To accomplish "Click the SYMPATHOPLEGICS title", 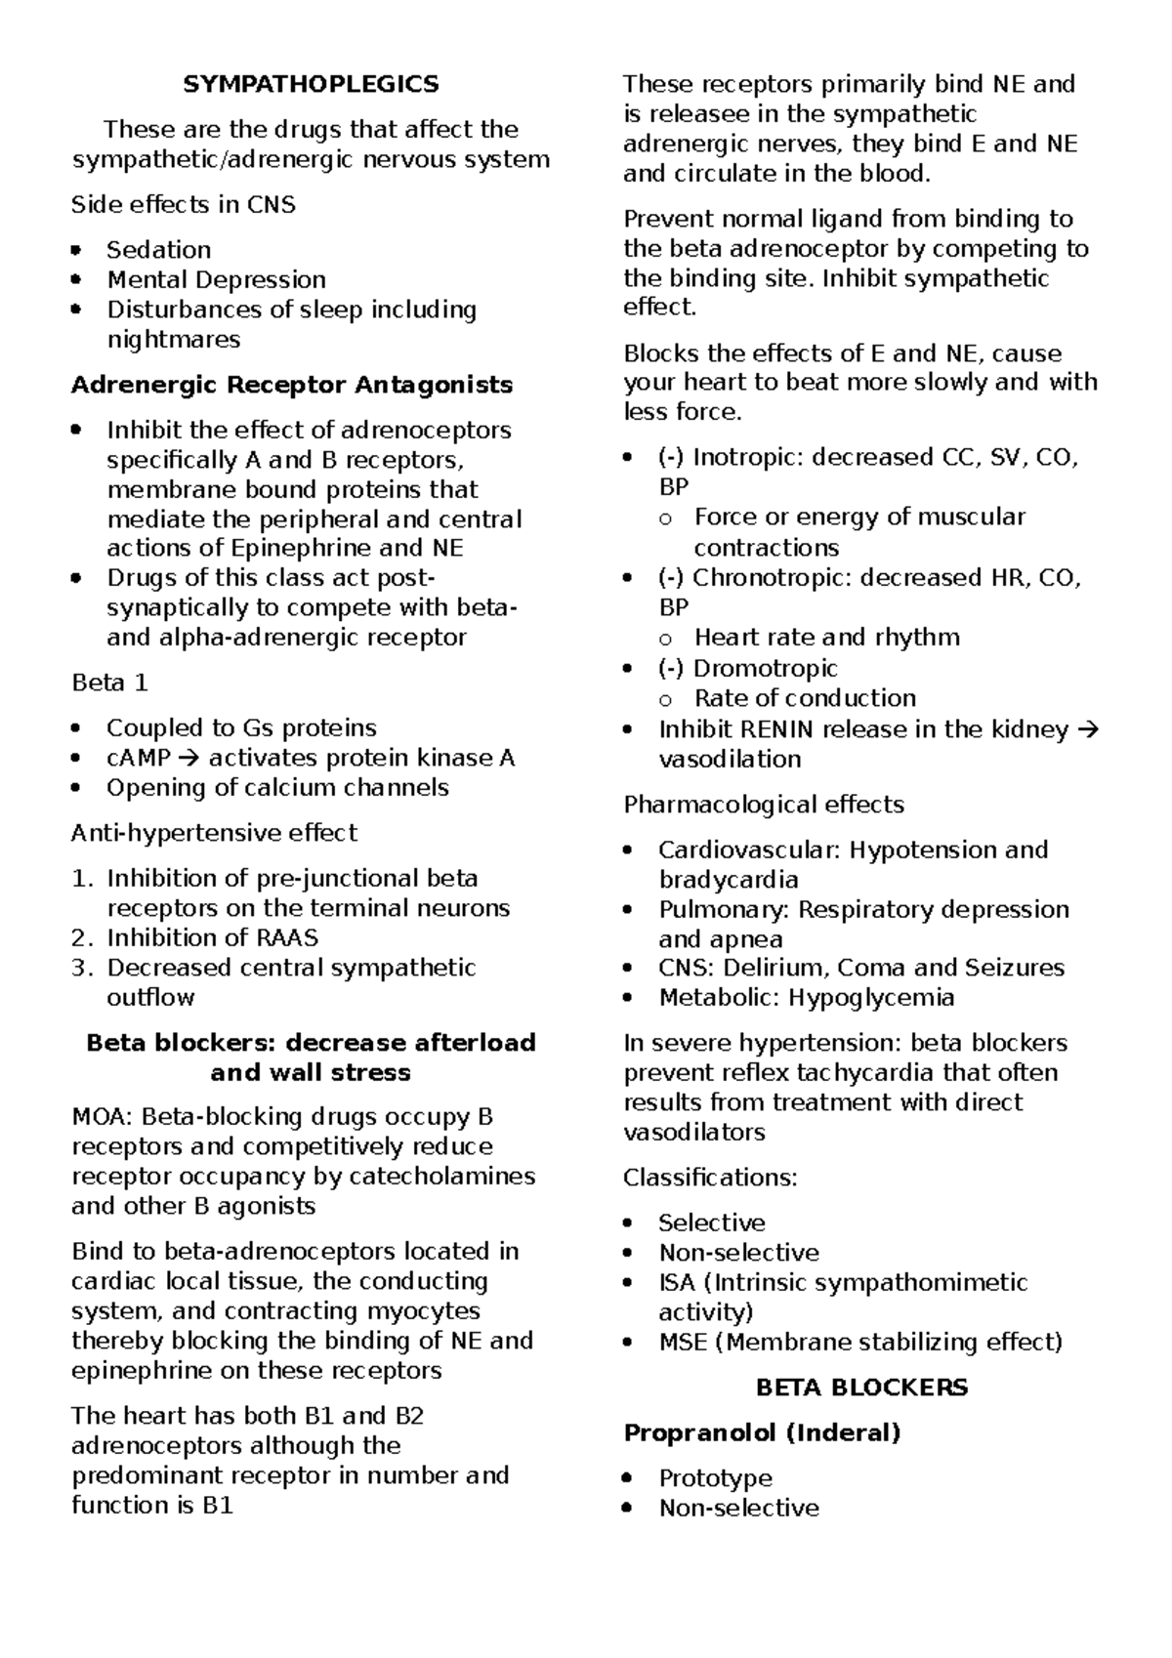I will point(311,84).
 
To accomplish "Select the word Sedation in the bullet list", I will point(158,250).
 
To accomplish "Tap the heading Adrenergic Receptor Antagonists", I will point(292,385).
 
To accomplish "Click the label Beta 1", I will point(109,683).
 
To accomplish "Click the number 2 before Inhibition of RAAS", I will point(81,938).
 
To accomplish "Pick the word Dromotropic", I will point(765,669).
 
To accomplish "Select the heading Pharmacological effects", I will point(763,805).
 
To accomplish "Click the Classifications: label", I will point(710,1178).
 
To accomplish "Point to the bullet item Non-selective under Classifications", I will point(738,1253).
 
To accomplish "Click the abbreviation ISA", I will point(677,1282).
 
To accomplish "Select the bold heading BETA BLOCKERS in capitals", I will point(861,1388).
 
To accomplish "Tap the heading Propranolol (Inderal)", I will point(762,1433).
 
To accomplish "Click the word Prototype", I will point(715,1478).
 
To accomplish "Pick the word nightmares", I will point(173,340).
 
